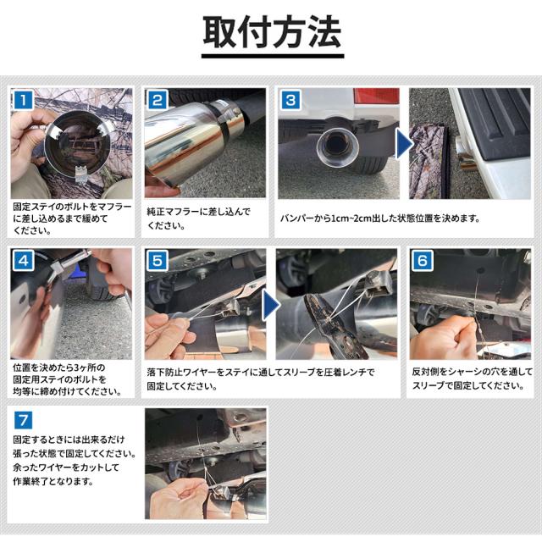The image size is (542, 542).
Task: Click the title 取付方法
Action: (272, 32)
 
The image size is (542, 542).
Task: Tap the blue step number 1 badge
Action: (24, 100)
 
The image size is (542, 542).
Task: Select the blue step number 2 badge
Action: (158, 100)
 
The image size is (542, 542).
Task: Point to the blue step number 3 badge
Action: (290, 100)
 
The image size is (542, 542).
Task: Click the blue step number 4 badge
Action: (24, 260)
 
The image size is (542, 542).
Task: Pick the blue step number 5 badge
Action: (158, 260)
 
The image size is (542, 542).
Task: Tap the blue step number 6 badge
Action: (423, 260)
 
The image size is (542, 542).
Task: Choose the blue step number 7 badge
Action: (24, 420)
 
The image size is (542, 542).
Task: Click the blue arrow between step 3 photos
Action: (404, 143)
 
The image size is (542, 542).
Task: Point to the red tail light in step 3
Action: (376, 96)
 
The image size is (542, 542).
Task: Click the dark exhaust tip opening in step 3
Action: (337, 144)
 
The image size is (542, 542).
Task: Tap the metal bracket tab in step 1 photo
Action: (81, 174)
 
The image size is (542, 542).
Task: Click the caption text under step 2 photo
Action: (198, 218)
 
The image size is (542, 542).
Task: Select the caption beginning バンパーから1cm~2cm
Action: (380, 218)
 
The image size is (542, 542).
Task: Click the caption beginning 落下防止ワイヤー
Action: (261, 379)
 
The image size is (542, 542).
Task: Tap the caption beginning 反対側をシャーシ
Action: (473, 379)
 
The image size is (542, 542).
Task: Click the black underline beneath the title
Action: (273, 56)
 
